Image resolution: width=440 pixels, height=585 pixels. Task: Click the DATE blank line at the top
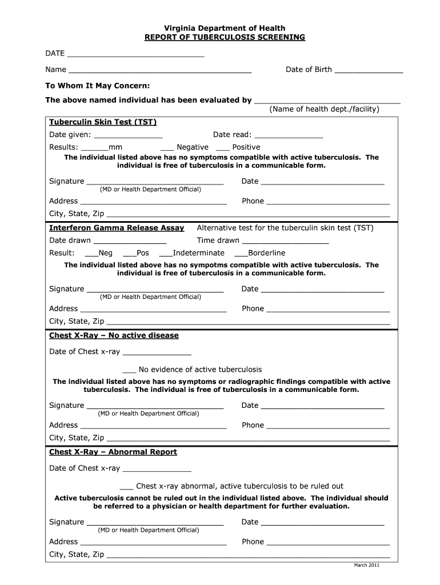135,55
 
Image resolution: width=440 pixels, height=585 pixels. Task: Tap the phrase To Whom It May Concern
98,85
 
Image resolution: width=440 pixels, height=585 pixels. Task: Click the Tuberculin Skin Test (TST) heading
103,122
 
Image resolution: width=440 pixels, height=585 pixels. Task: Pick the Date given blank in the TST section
128,137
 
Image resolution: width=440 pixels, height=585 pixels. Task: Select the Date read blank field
289,137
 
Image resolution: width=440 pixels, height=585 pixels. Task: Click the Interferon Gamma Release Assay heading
117,228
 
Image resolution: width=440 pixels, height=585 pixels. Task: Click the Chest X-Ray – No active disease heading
114,335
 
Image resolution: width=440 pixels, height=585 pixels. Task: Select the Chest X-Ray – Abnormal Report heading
113,452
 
